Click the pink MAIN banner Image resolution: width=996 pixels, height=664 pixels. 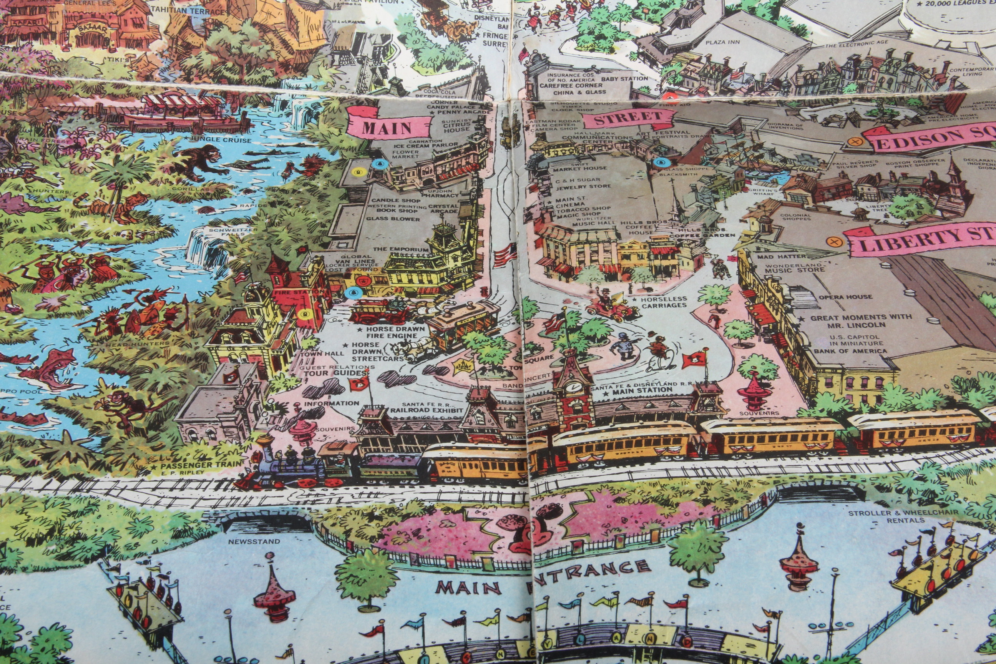[386, 128]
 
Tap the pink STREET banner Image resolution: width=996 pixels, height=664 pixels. [628, 119]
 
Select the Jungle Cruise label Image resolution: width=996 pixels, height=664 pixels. [221, 139]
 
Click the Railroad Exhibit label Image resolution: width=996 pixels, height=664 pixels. [427, 410]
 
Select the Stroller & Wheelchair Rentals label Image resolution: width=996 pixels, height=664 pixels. [902, 516]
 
